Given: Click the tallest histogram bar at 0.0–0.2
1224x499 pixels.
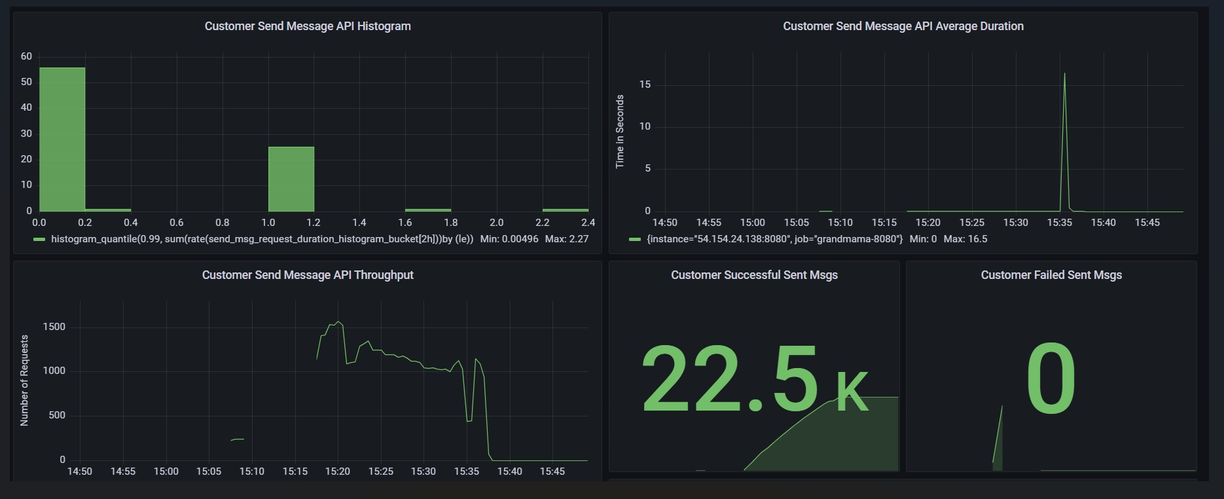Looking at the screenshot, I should point(62,139).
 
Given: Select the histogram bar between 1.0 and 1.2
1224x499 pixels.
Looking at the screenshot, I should point(291,179).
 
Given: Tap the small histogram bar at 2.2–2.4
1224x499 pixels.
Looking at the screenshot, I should point(566,210).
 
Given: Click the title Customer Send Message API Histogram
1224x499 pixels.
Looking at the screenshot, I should point(308,26).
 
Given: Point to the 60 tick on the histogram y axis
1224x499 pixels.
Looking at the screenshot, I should point(26,56).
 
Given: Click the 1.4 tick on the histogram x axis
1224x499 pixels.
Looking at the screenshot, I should point(359,223).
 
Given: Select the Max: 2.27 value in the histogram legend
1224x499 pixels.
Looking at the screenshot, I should point(567,239).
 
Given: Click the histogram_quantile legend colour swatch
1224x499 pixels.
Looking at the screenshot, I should point(40,240).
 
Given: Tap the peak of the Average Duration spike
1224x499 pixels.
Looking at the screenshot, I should point(1064,74).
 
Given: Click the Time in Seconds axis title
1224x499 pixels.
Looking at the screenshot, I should point(620,132).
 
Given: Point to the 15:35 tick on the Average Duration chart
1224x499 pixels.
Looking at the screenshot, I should point(1060,223).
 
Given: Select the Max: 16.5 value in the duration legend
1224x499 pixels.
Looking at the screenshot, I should point(965,239).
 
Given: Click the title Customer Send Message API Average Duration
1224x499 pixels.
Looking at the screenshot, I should point(903,26).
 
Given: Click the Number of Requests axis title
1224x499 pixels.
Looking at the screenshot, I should point(25,380).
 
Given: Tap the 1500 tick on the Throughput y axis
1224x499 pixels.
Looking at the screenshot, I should point(54,327).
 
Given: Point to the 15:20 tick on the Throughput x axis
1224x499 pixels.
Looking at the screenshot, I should point(338,471).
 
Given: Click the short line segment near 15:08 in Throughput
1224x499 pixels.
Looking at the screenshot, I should point(238,439).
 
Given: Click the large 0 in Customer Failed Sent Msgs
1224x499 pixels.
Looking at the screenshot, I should point(1051,380).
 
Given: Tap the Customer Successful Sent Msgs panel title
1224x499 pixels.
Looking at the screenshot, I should point(754,275).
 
